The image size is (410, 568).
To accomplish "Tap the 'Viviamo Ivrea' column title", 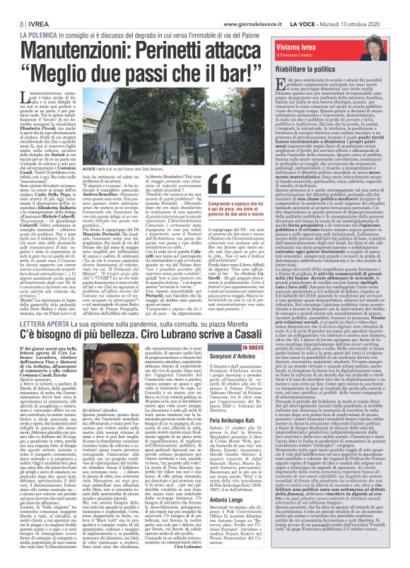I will [x=322, y=26].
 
